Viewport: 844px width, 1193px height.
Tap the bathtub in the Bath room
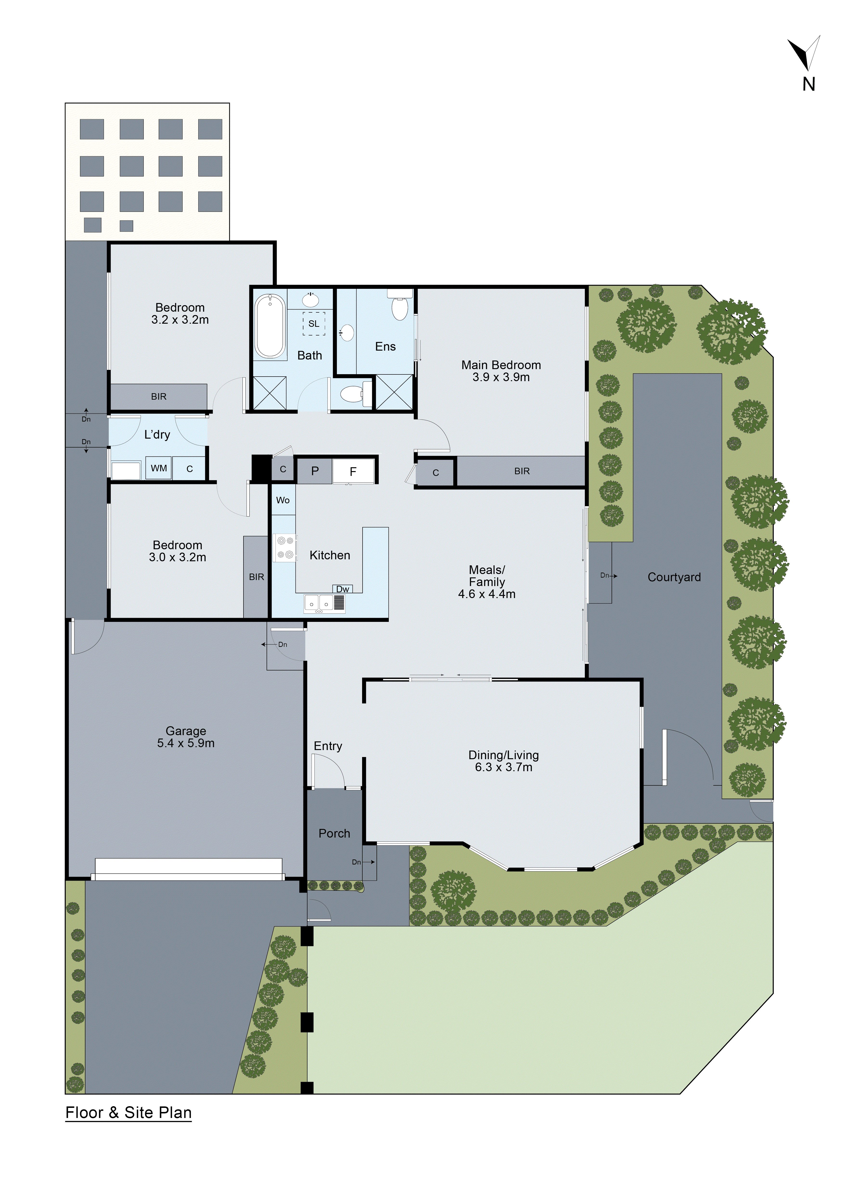coord(270,326)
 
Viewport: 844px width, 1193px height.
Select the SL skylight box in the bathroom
coord(314,323)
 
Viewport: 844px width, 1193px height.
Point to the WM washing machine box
coord(159,468)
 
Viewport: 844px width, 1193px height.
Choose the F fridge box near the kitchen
coord(353,471)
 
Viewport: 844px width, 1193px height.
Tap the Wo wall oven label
coord(283,500)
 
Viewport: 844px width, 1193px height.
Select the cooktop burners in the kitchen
coord(285,548)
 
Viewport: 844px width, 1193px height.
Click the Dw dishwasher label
coord(343,589)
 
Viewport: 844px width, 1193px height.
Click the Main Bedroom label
coord(501,365)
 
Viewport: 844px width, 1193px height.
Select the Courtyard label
coord(674,577)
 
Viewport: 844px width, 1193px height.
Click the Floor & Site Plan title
coord(128,1112)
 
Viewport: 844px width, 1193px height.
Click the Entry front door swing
coord(327,770)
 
